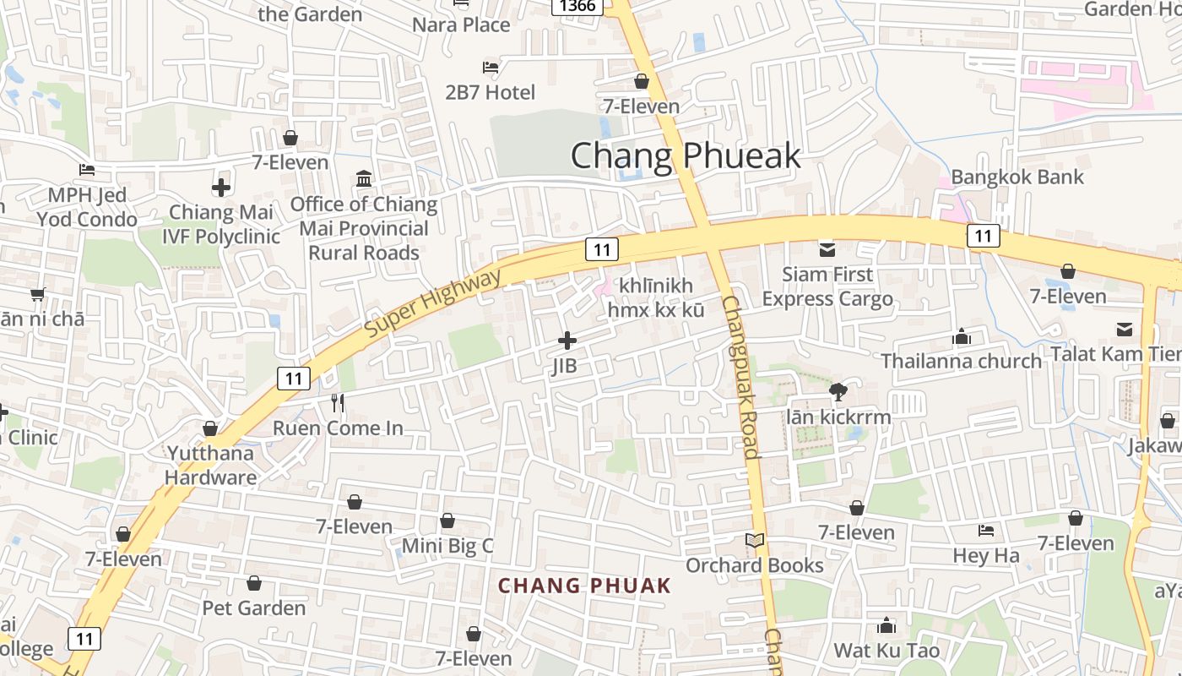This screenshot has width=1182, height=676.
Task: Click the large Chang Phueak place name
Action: [x=685, y=156]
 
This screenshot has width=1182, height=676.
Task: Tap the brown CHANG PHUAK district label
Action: [x=584, y=586]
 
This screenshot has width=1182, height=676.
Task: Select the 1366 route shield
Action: [x=577, y=6]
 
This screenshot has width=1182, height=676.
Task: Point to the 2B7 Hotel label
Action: [x=491, y=92]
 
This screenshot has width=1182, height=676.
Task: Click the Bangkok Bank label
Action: [x=1017, y=177]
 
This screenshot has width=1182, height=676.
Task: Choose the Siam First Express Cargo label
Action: [x=827, y=286]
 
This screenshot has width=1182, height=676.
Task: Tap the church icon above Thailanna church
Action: [x=962, y=337]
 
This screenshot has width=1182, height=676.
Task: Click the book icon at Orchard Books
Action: [x=755, y=541]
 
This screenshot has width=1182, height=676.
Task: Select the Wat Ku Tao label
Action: [x=886, y=651]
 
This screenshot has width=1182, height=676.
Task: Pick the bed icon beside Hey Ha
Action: [x=986, y=531]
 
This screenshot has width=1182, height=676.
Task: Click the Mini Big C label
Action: [x=447, y=546]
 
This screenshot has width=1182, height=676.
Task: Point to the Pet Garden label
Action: [x=253, y=608]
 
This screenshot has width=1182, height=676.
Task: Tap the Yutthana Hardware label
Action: [x=210, y=465]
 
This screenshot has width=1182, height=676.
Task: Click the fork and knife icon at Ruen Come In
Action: [x=338, y=403]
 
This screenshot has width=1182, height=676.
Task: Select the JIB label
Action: [x=565, y=366]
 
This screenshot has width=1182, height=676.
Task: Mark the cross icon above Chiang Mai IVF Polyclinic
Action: [x=221, y=187]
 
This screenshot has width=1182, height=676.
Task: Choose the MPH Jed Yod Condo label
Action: [x=87, y=207]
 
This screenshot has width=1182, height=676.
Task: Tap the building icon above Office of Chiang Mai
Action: [x=364, y=178]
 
